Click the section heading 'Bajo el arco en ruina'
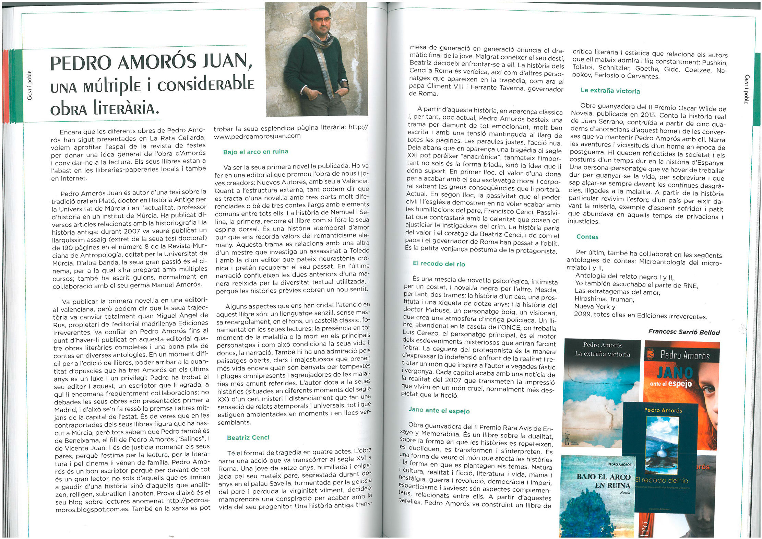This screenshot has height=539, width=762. coord(255,152)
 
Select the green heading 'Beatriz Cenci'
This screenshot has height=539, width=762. coord(248,437)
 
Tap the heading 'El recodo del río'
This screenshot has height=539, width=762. coord(439,264)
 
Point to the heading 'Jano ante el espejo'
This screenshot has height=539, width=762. coord(439,410)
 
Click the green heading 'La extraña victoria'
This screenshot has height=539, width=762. coord(610,91)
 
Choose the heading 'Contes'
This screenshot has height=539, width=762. coord(587,237)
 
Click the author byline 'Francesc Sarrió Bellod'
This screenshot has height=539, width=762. coord(683,332)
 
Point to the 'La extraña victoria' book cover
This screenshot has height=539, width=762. coord(602,391)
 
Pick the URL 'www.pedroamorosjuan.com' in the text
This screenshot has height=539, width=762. coord(257,136)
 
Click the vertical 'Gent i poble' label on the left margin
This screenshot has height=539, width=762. coord(30,85)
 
